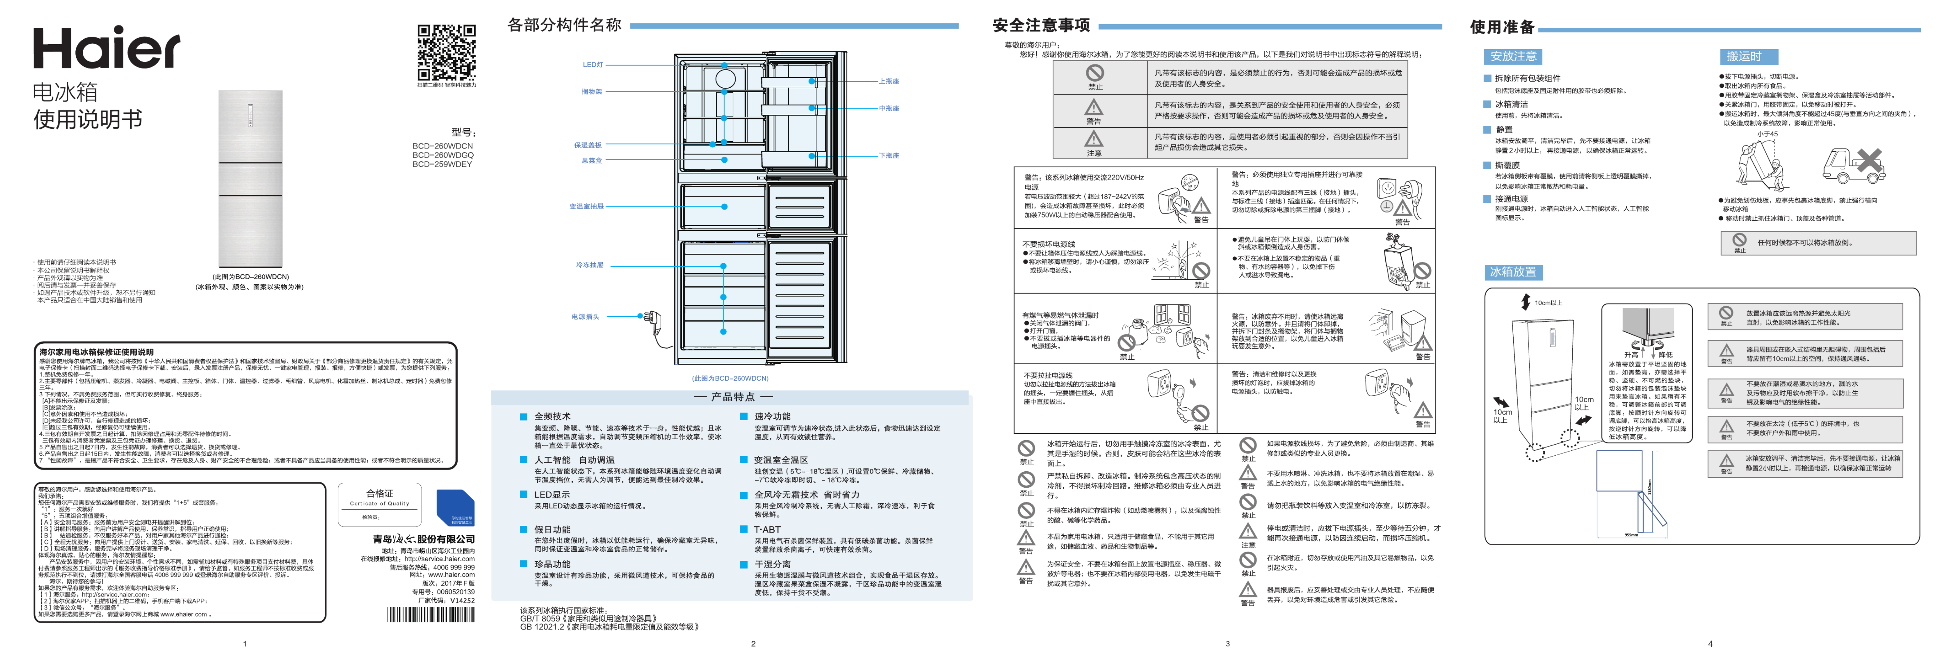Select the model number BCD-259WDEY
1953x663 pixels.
[442, 164]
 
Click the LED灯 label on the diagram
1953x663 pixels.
[593, 65]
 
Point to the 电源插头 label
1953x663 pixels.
[585, 316]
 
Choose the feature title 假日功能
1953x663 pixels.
[552, 529]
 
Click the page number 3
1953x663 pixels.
[1228, 643]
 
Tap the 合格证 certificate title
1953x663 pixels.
[379, 493]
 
